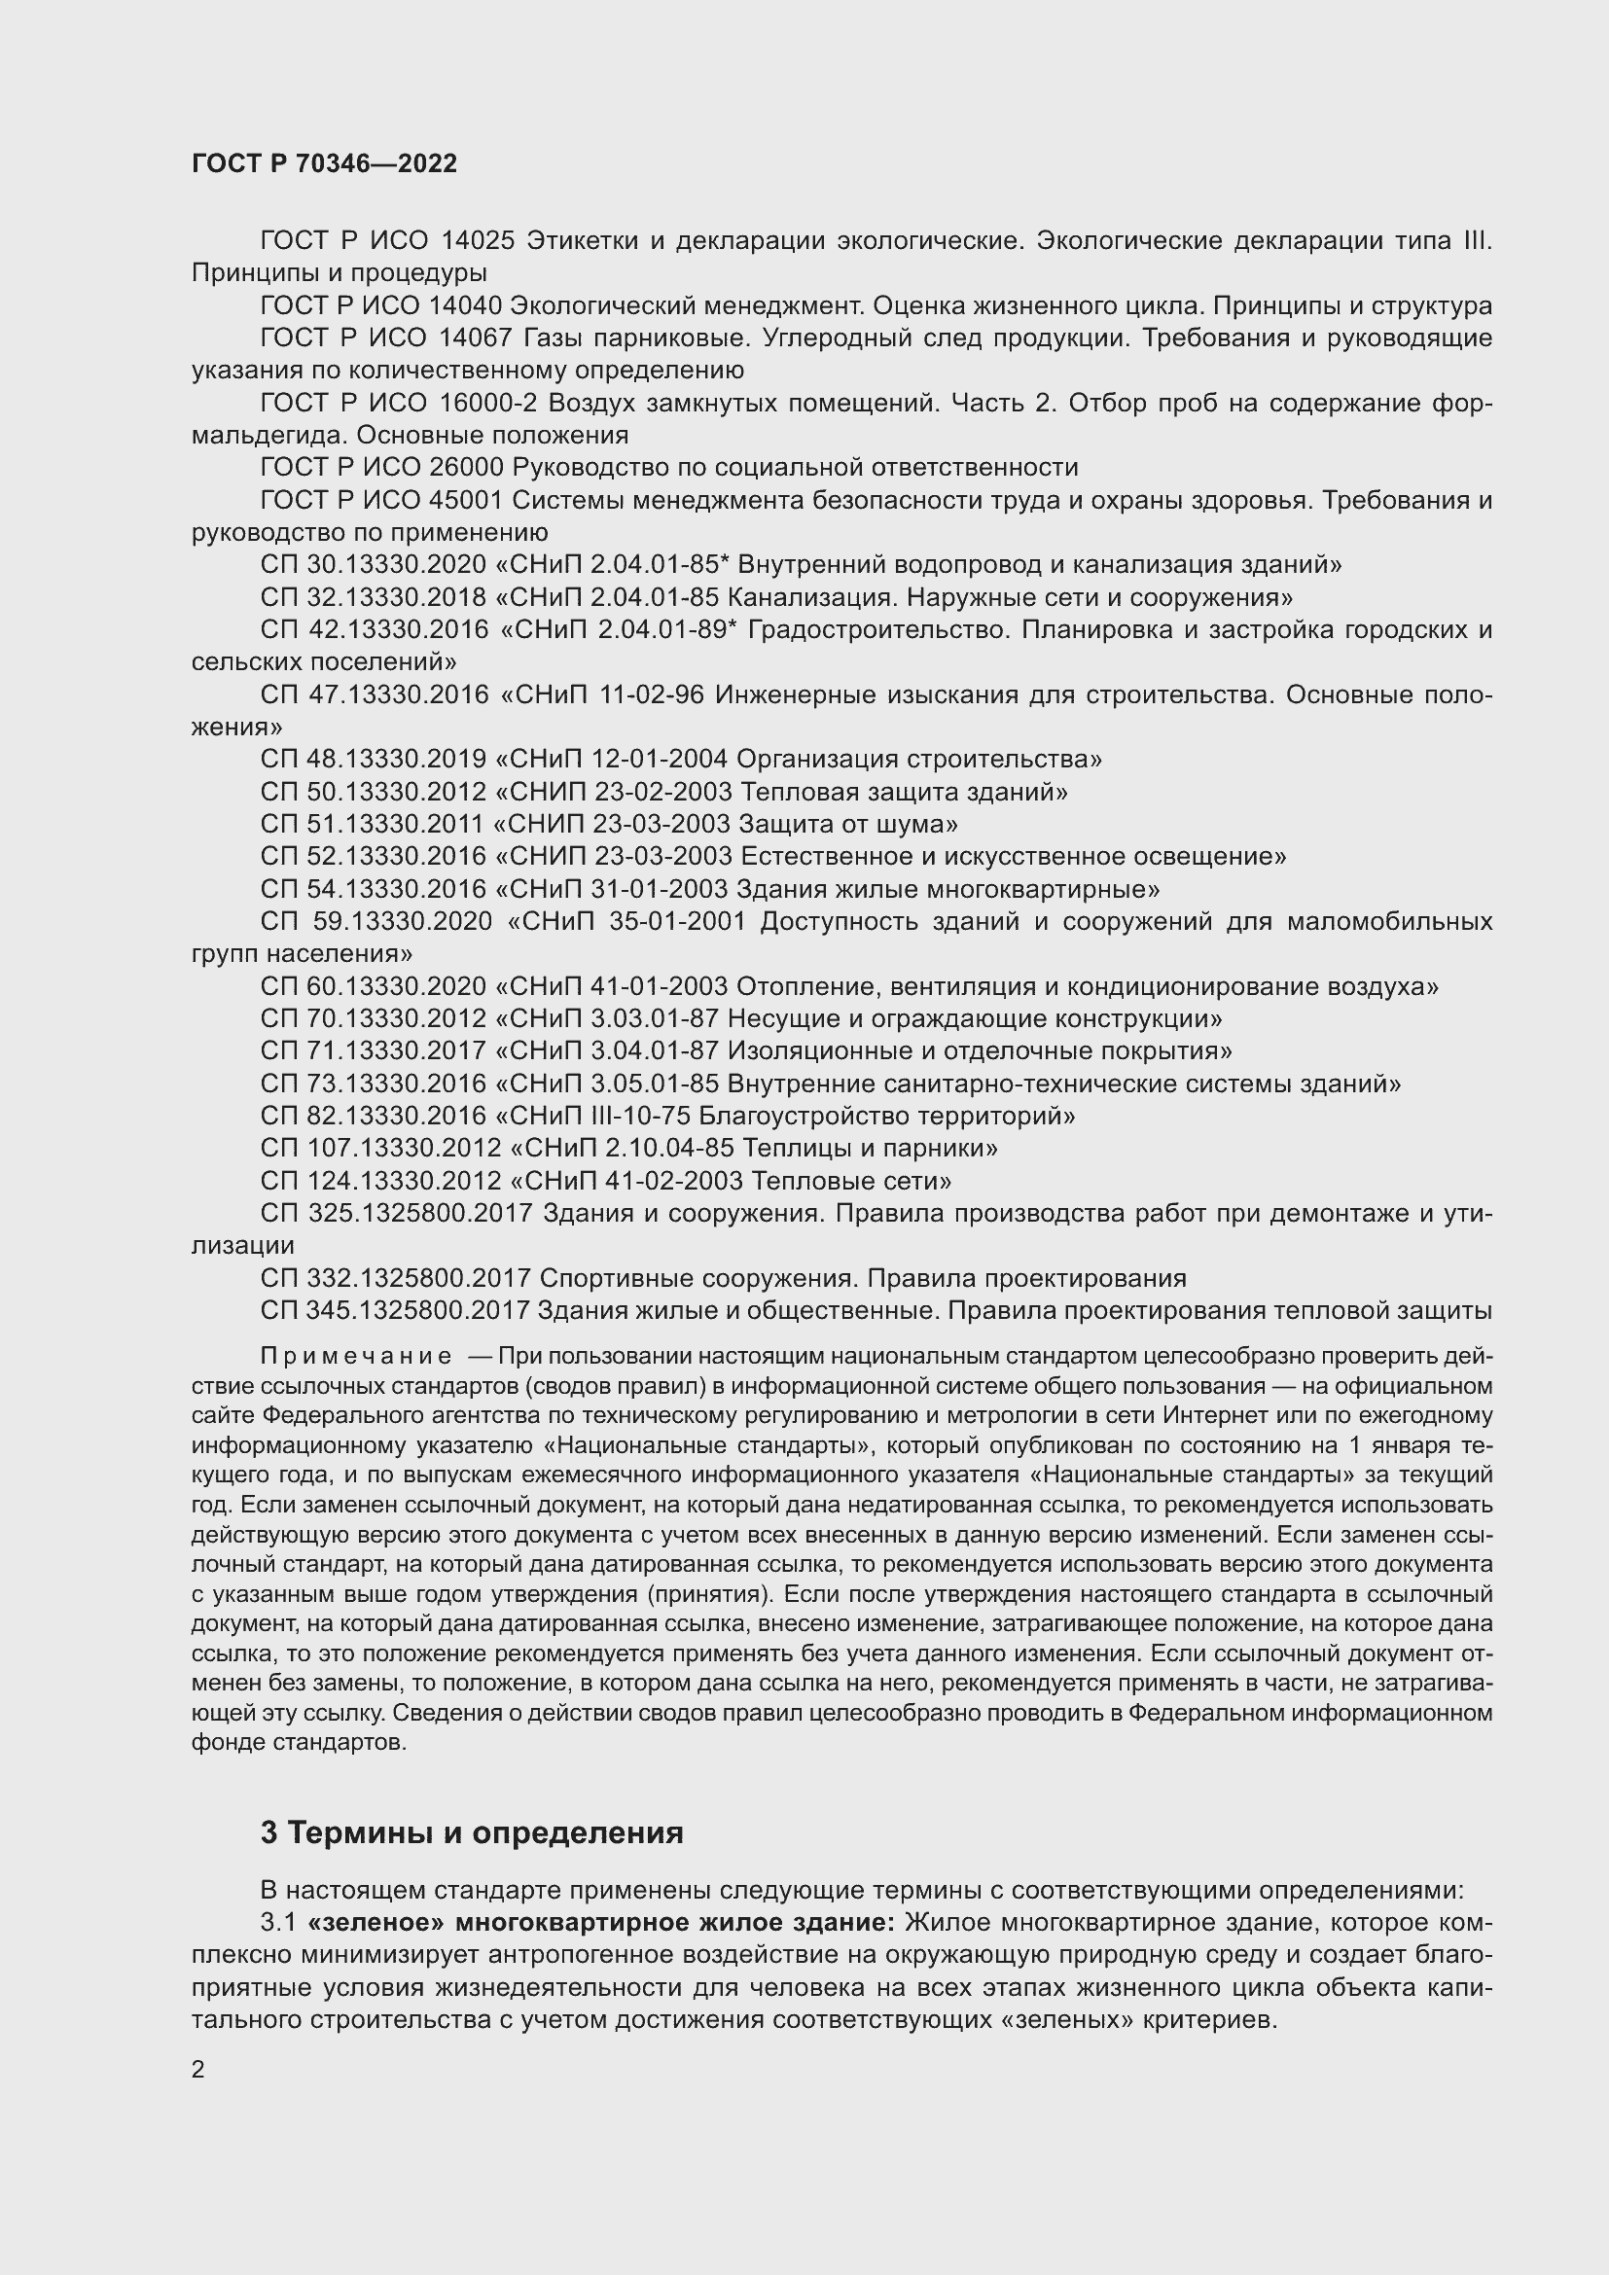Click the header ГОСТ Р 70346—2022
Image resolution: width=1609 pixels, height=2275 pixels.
(324, 164)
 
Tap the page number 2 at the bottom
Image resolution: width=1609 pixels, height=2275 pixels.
(198, 2069)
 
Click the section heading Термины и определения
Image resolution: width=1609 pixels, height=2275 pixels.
(486, 1832)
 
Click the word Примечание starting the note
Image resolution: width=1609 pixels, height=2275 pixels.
(356, 1357)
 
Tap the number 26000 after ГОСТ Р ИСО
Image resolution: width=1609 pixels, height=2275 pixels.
(467, 468)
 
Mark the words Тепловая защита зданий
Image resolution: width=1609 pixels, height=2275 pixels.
(899, 792)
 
